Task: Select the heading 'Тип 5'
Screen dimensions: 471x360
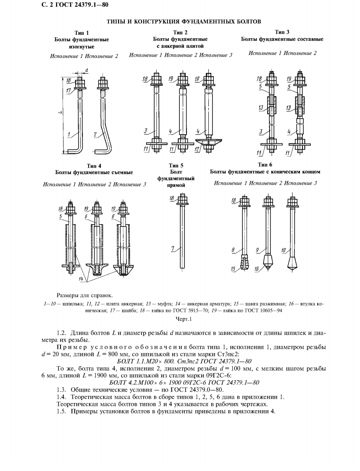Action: point(176,165)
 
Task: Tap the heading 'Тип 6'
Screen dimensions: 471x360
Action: point(265,165)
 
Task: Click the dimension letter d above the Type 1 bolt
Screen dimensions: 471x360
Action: point(86,70)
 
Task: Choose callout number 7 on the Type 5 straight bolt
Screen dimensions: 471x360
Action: point(173,249)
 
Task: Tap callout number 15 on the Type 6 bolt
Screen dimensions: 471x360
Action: point(233,269)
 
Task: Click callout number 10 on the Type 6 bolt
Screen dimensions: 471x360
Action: point(283,251)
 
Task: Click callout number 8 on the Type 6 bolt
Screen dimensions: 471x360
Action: point(233,250)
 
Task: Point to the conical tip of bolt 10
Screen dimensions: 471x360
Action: point(291,264)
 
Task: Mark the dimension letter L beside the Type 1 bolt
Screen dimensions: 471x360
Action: point(60,113)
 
